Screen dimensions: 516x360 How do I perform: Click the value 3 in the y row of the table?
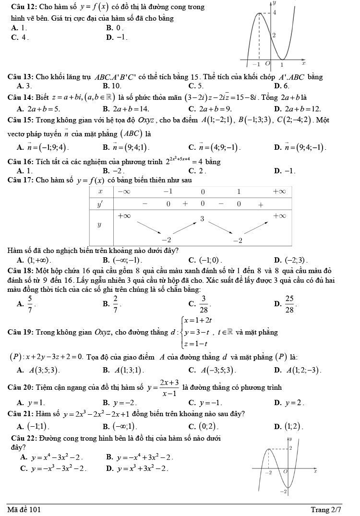pos(202,219)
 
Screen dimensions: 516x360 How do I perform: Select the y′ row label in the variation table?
pos(100,204)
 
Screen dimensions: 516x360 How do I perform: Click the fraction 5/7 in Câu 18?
pos(29,302)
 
